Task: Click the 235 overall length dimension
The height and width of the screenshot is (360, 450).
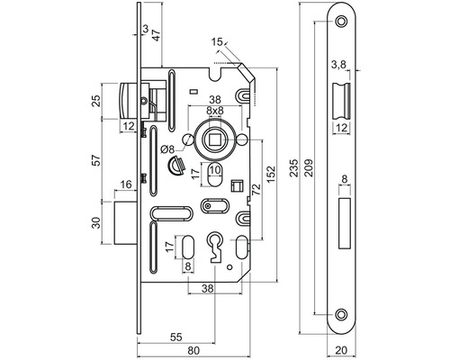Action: click(295, 167)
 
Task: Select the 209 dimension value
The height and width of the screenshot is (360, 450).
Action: click(309, 167)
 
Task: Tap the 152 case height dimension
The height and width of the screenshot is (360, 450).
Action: click(271, 174)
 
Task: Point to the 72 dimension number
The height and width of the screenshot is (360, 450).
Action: click(256, 189)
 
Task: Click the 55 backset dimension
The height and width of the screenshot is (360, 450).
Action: click(176, 337)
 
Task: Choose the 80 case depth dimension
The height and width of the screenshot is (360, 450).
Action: click(193, 350)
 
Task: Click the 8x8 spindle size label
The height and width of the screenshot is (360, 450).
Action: click(215, 111)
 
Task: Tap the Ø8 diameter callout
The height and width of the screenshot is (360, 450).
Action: click(167, 149)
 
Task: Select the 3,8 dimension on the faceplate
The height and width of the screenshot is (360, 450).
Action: click(338, 64)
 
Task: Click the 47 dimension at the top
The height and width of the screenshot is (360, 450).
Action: click(157, 35)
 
